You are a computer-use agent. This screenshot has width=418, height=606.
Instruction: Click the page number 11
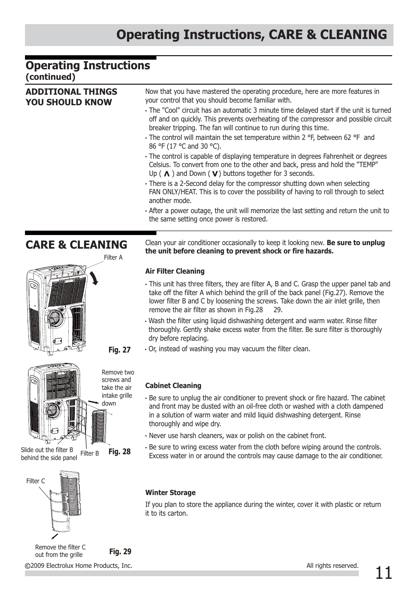tap(383, 573)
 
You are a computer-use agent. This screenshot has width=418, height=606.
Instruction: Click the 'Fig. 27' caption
tap(120, 350)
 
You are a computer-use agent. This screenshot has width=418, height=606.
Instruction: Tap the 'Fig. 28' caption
tap(120, 452)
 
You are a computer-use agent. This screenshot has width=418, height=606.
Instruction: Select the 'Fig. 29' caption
tap(120, 552)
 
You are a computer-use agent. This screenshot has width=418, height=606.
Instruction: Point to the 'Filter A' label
tap(113, 257)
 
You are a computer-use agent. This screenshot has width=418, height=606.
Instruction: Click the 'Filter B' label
tap(90, 453)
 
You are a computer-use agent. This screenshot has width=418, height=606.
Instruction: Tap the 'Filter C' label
tap(35, 481)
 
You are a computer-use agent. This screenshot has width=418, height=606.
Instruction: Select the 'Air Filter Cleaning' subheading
tap(175, 271)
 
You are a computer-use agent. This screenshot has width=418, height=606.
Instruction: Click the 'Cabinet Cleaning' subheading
tap(173, 386)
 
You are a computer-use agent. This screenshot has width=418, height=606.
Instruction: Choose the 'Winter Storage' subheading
tap(170, 493)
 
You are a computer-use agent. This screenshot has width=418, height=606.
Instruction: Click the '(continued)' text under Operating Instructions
tap(50, 77)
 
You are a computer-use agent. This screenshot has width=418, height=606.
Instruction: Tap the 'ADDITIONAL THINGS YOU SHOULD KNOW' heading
tap(71, 97)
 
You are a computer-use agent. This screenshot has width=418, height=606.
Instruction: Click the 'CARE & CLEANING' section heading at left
tap(76, 245)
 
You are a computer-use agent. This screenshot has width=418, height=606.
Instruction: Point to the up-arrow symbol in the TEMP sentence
tap(166, 174)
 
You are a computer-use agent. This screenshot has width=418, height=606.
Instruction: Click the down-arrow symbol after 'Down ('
tap(215, 174)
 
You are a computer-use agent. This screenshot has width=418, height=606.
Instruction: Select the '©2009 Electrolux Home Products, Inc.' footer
tap(78, 566)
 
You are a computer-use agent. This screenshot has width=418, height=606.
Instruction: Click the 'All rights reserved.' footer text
tap(332, 566)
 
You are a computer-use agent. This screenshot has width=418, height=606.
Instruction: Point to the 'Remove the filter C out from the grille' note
tap(60, 551)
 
